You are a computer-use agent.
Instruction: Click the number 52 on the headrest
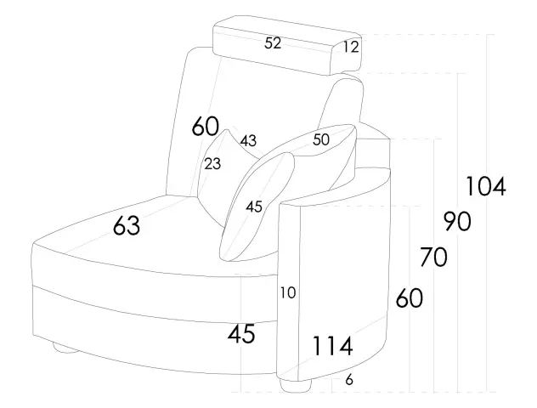273,43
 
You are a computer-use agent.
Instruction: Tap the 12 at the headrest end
351,48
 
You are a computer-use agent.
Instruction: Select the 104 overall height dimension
485,186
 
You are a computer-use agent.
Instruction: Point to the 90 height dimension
457,222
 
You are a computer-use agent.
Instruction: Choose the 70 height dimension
433,256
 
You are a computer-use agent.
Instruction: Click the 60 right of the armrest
409,298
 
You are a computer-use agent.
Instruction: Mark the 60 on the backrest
206,127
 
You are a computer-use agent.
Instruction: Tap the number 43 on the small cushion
248,140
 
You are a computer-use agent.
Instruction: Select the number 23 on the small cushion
212,164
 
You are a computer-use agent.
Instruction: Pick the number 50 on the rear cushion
321,139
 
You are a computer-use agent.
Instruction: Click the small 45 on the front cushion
254,207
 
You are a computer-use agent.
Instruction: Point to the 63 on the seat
127,226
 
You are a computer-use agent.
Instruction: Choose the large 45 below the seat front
242,334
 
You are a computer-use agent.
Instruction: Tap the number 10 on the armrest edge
288,293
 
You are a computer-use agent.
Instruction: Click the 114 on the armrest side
334,346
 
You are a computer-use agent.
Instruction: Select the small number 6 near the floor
349,380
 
